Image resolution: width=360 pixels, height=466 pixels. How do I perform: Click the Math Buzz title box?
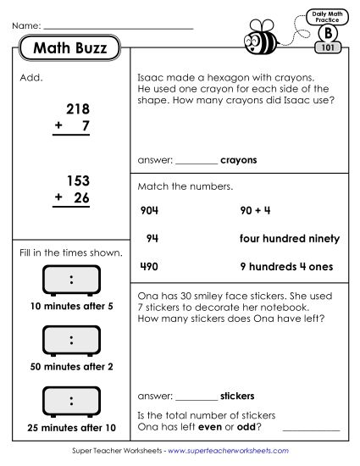pyautogui.click(x=69, y=49)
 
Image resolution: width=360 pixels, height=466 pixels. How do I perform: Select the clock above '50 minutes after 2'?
pyautogui.click(x=71, y=341)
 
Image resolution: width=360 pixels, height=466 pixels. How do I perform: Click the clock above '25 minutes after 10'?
pyautogui.click(x=71, y=400)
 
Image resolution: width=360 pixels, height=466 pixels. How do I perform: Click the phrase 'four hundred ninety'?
pyautogui.click(x=290, y=238)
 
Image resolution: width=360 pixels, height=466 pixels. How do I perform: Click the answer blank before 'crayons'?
pyautogui.click(x=196, y=159)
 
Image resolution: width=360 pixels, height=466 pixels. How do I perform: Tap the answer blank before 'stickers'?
pyautogui.click(x=196, y=395)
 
